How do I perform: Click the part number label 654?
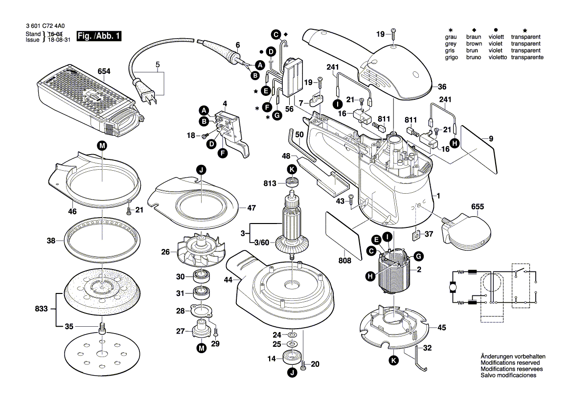pos(104,71)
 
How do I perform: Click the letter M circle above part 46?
pos(101,145)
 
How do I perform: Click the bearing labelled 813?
pos(293,183)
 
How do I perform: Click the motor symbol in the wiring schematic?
pos(451,288)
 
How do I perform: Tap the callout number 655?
pos(477,207)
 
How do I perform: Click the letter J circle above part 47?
pos(201,170)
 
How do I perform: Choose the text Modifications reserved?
pos(511,363)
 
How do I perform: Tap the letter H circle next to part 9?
pos(455,143)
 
